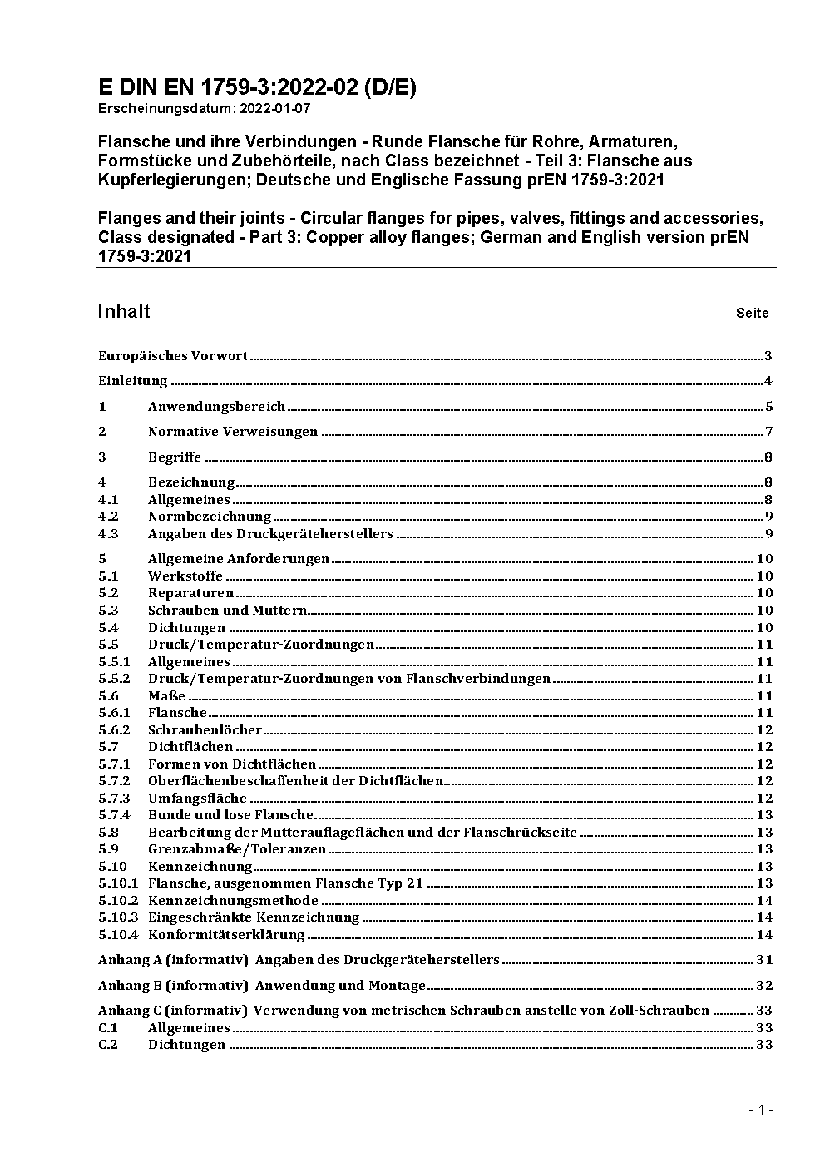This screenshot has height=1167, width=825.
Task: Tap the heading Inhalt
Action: pyautogui.click(x=124, y=311)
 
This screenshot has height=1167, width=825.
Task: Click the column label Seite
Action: pyautogui.click(x=752, y=314)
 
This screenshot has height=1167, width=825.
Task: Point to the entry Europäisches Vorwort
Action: pyautogui.click(x=173, y=356)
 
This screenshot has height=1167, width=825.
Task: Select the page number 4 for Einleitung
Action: pyautogui.click(x=768, y=382)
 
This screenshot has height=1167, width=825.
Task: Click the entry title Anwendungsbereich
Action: pyautogui.click(x=216, y=407)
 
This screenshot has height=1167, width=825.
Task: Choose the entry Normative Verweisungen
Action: pyautogui.click(x=233, y=432)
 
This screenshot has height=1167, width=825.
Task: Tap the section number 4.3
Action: pyautogui.click(x=108, y=534)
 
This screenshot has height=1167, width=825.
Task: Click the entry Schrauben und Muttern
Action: pyautogui.click(x=227, y=611)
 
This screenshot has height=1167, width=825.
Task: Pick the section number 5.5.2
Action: pyautogui.click(x=114, y=679)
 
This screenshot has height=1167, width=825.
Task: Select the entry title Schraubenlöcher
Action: pyautogui.click(x=205, y=730)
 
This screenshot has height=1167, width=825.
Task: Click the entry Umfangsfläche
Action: pyautogui.click(x=197, y=799)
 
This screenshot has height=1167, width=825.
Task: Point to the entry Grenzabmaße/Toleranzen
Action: pyautogui.click(x=230, y=849)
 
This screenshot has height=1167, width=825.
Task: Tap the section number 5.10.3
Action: pyautogui.click(x=117, y=917)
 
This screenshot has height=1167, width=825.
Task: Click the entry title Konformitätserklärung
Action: pyautogui.click(x=226, y=935)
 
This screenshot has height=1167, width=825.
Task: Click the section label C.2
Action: pyautogui.click(x=108, y=1045)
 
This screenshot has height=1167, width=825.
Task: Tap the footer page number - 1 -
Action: pyautogui.click(x=761, y=1110)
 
